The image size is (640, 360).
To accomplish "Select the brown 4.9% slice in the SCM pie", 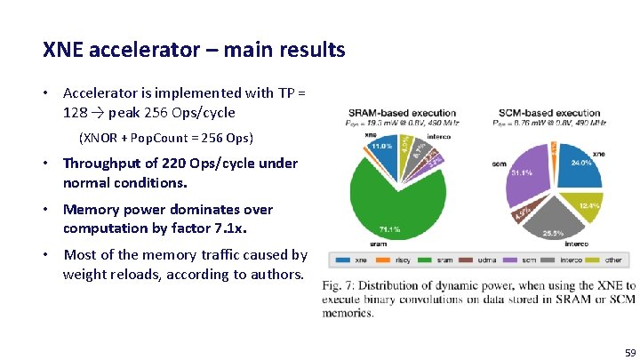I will point(523,212).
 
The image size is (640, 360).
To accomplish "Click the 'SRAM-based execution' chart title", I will point(402,113).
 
